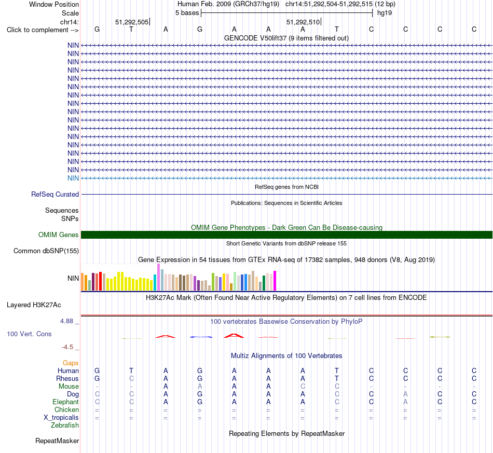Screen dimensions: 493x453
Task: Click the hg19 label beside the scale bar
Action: tap(384, 13)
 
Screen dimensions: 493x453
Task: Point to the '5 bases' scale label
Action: tap(187, 13)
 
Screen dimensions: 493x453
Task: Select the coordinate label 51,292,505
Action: tap(132, 22)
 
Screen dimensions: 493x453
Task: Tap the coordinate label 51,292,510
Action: tap(303, 22)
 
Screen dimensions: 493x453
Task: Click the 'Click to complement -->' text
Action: tap(43, 30)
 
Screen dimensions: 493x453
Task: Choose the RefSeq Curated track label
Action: tap(55, 194)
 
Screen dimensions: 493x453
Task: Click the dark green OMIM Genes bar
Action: tap(286, 235)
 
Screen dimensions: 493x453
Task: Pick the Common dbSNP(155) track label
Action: tap(46, 251)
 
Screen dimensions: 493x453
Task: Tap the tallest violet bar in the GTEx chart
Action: tap(158, 277)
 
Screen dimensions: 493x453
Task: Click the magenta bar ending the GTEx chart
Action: tap(275, 281)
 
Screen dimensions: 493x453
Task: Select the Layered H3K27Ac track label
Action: tap(34, 305)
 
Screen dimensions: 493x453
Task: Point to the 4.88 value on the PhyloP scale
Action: tap(66, 321)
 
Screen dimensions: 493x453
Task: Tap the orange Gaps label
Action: tap(71, 363)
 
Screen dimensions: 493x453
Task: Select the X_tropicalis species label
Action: tap(61, 418)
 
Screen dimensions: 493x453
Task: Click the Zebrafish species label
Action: tap(65, 425)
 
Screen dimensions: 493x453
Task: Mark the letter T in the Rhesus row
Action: tap(337, 378)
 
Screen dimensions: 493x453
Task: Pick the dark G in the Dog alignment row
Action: tap(200, 394)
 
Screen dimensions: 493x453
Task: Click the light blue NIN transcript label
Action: tap(73, 179)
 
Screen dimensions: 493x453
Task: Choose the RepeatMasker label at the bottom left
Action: tap(57, 441)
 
